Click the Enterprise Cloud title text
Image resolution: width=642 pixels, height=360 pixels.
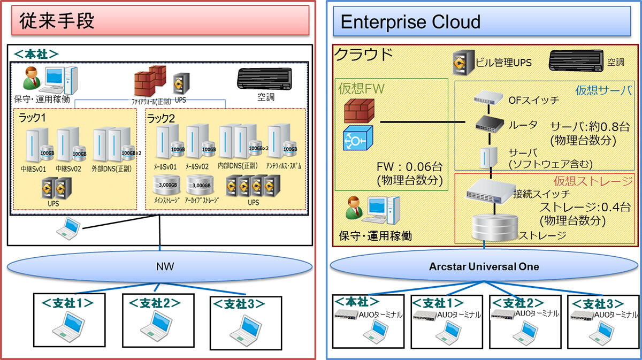[x=410, y=22]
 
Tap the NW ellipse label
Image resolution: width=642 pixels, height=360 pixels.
[x=161, y=266]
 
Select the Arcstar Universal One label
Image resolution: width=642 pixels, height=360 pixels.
[x=484, y=266]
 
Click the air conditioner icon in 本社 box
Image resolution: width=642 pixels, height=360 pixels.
[x=264, y=80]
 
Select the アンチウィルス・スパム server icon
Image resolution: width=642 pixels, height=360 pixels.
[x=280, y=142]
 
